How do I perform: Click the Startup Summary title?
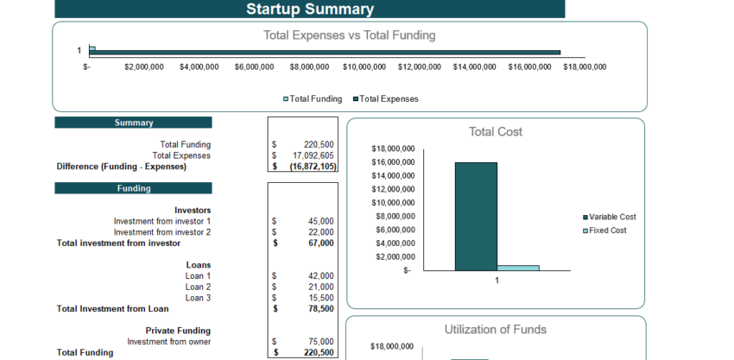(x=310, y=9)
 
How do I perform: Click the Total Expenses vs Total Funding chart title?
(x=349, y=35)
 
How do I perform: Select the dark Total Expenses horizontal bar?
(x=325, y=53)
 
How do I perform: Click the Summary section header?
(x=134, y=123)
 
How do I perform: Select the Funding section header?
(x=134, y=188)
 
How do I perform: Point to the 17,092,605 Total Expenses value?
(x=313, y=155)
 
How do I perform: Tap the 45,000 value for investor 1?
(x=320, y=221)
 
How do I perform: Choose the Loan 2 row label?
(x=198, y=287)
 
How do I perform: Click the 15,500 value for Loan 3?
(x=320, y=298)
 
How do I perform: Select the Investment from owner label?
(x=168, y=341)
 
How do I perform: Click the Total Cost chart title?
(x=496, y=132)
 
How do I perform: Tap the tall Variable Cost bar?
(x=476, y=216)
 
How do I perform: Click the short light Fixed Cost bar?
(x=518, y=268)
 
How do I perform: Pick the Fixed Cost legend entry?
(x=607, y=231)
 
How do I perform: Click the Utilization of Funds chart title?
(x=495, y=330)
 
